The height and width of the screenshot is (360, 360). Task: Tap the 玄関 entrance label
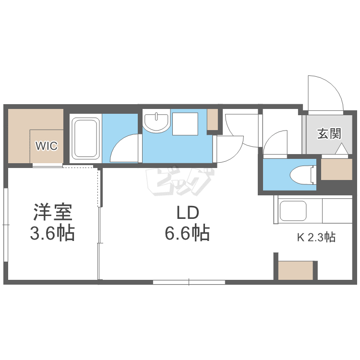[x=329, y=134]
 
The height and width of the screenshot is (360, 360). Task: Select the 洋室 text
[x=52, y=212]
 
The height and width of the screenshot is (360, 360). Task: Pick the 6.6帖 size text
[x=187, y=234]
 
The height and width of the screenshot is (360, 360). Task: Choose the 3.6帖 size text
[x=52, y=234]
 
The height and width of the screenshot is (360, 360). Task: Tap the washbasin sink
[x=156, y=122]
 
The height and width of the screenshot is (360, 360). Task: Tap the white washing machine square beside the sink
[x=185, y=123]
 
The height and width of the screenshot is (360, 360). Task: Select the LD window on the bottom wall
[x=189, y=282]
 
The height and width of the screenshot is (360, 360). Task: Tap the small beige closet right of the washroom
[x=212, y=120]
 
